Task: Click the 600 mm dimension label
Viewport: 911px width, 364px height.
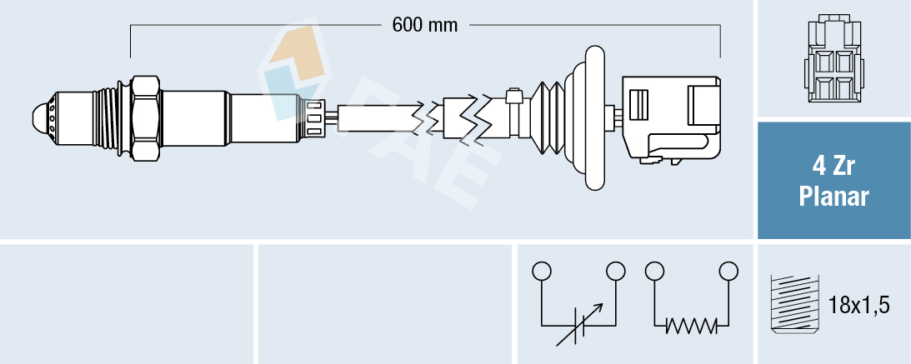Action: click(x=425, y=25)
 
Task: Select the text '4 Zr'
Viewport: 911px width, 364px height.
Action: click(x=833, y=167)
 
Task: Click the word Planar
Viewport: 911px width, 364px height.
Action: click(x=833, y=197)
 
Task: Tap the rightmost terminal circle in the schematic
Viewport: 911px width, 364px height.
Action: click(x=728, y=271)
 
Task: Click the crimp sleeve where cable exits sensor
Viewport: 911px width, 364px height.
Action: click(x=315, y=117)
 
